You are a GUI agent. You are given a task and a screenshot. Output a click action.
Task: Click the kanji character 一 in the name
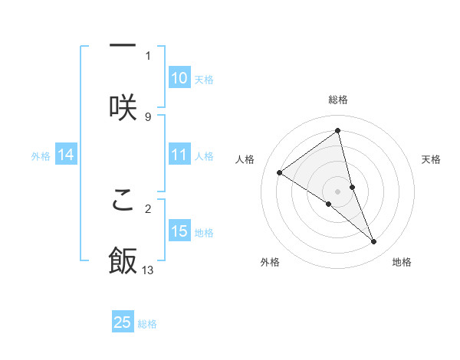pyautogui.click(x=123, y=46)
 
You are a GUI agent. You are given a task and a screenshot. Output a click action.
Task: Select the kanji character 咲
pyautogui.click(x=123, y=107)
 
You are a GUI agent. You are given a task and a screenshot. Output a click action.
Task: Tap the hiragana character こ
pyautogui.click(x=123, y=199)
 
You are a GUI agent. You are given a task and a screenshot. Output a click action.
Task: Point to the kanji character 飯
pyautogui.click(x=123, y=260)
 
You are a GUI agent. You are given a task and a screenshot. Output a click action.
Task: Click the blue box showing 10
pyautogui.click(x=179, y=78)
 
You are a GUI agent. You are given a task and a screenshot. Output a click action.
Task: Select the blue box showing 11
pyautogui.click(x=179, y=155)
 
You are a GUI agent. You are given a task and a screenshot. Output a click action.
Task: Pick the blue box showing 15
pyautogui.click(x=179, y=231)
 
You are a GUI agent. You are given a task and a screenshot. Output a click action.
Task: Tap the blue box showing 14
pyautogui.click(x=66, y=155)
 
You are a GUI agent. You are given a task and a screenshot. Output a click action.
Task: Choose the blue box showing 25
pyautogui.click(x=123, y=322)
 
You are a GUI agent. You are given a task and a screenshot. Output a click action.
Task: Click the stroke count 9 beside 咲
pyautogui.click(x=148, y=116)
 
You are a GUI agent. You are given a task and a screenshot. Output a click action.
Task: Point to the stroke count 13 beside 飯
pyautogui.click(x=148, y=270)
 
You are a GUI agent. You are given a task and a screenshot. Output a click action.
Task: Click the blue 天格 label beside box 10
pyautogui.click(x=204, y=79)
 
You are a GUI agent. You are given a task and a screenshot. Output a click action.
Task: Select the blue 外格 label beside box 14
pyautogui.click(x=41, y=155)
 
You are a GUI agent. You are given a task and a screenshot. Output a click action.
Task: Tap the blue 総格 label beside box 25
pyautogui.click(x=147, y=323)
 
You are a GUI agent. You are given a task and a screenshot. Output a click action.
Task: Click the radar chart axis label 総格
pyautogui.click(x=338, y=100)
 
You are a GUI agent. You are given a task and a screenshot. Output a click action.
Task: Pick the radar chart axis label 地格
pyautogui.click(x=402, y=262)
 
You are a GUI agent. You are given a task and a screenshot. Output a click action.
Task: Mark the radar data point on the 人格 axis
pyautogui.click(x=279, y=173)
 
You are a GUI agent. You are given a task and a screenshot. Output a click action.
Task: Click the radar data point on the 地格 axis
pyautogui.click(x=374, y=242)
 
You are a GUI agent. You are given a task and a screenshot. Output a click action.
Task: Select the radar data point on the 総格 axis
pyautogui.click(x=338, y=131)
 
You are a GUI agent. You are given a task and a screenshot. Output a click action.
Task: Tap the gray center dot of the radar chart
pyautogui.click(x=338, y=191)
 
